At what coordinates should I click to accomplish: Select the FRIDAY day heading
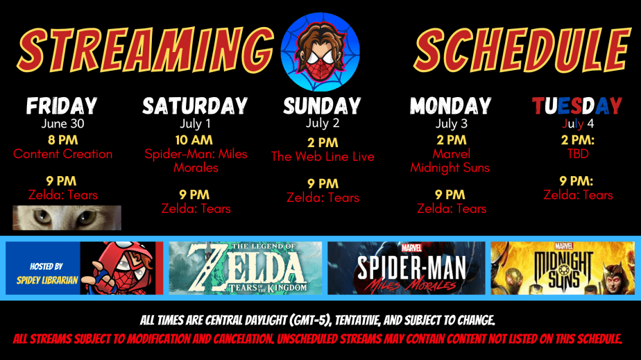click(62, 106)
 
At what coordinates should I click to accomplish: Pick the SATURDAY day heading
click(195, 106)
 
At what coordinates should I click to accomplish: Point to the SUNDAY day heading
click(322, 106)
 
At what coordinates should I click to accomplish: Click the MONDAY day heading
click(450, 106)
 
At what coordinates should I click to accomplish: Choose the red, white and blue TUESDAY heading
click(577, 106)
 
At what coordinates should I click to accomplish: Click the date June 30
click(62, 124)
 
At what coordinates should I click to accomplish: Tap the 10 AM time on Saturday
click(196, 139)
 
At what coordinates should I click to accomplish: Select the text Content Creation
click(62, 154)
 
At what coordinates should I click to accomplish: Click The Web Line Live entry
click(323, 157)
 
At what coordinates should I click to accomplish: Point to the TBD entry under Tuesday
click(578, 153)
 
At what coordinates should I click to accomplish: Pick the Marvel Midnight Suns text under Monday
click(450, 160)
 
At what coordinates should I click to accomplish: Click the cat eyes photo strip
click(67, 218)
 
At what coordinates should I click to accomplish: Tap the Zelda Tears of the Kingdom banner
click(246, 268)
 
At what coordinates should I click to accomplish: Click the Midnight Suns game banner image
click(562, 268)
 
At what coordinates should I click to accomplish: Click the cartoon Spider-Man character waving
click(118, 268)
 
